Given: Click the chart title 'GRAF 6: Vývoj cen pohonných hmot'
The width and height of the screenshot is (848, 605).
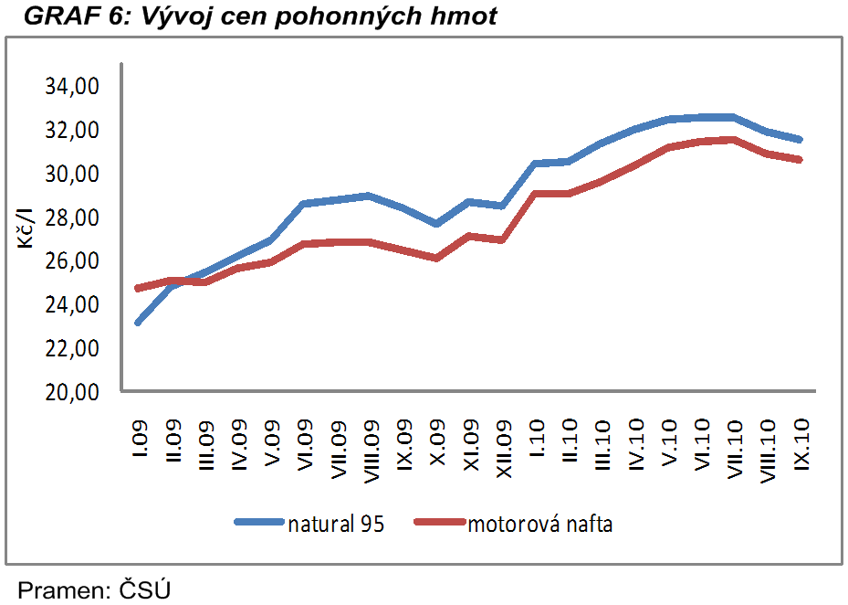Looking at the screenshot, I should point(261,16).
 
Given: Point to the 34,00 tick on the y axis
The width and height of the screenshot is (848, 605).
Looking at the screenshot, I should point(71,87).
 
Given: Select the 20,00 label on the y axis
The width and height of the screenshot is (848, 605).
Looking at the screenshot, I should point(71,392).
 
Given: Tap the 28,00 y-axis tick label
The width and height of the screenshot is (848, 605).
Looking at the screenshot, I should point(71,218).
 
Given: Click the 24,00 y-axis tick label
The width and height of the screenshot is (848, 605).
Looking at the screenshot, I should point(71,304).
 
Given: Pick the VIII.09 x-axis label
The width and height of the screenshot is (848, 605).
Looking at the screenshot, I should point(371,448).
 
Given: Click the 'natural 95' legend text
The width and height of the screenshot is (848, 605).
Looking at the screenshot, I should point(335,525).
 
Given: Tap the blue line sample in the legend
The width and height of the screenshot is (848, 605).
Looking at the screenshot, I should point(259,523).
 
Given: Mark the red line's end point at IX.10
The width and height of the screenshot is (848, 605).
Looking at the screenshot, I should point(800,160).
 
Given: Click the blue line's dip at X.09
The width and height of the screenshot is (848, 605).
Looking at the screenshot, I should point(436,224).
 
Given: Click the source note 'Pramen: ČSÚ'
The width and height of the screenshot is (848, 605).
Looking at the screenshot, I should point(94,589).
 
